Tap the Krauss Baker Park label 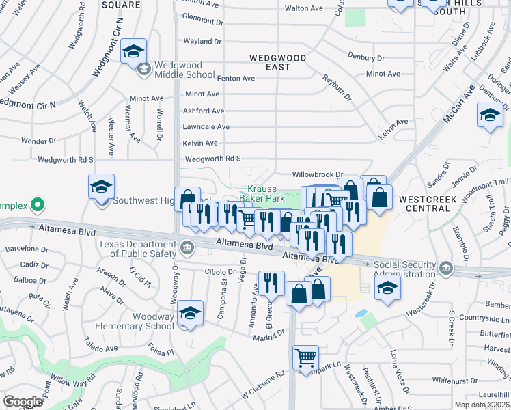click(265, 193)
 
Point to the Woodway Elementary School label click(143, 321)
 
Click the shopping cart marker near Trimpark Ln click(305, 357)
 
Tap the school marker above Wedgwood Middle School click(133, 51)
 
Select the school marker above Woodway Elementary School click(191, 313)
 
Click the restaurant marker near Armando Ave click(271, 282)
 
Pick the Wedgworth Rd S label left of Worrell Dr click(66, 159)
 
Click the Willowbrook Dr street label click(316, 175)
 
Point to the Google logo click(23, 401)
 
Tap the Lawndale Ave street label click(206, 126)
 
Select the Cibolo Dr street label click(220, 271)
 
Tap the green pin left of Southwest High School click(39, 204)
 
